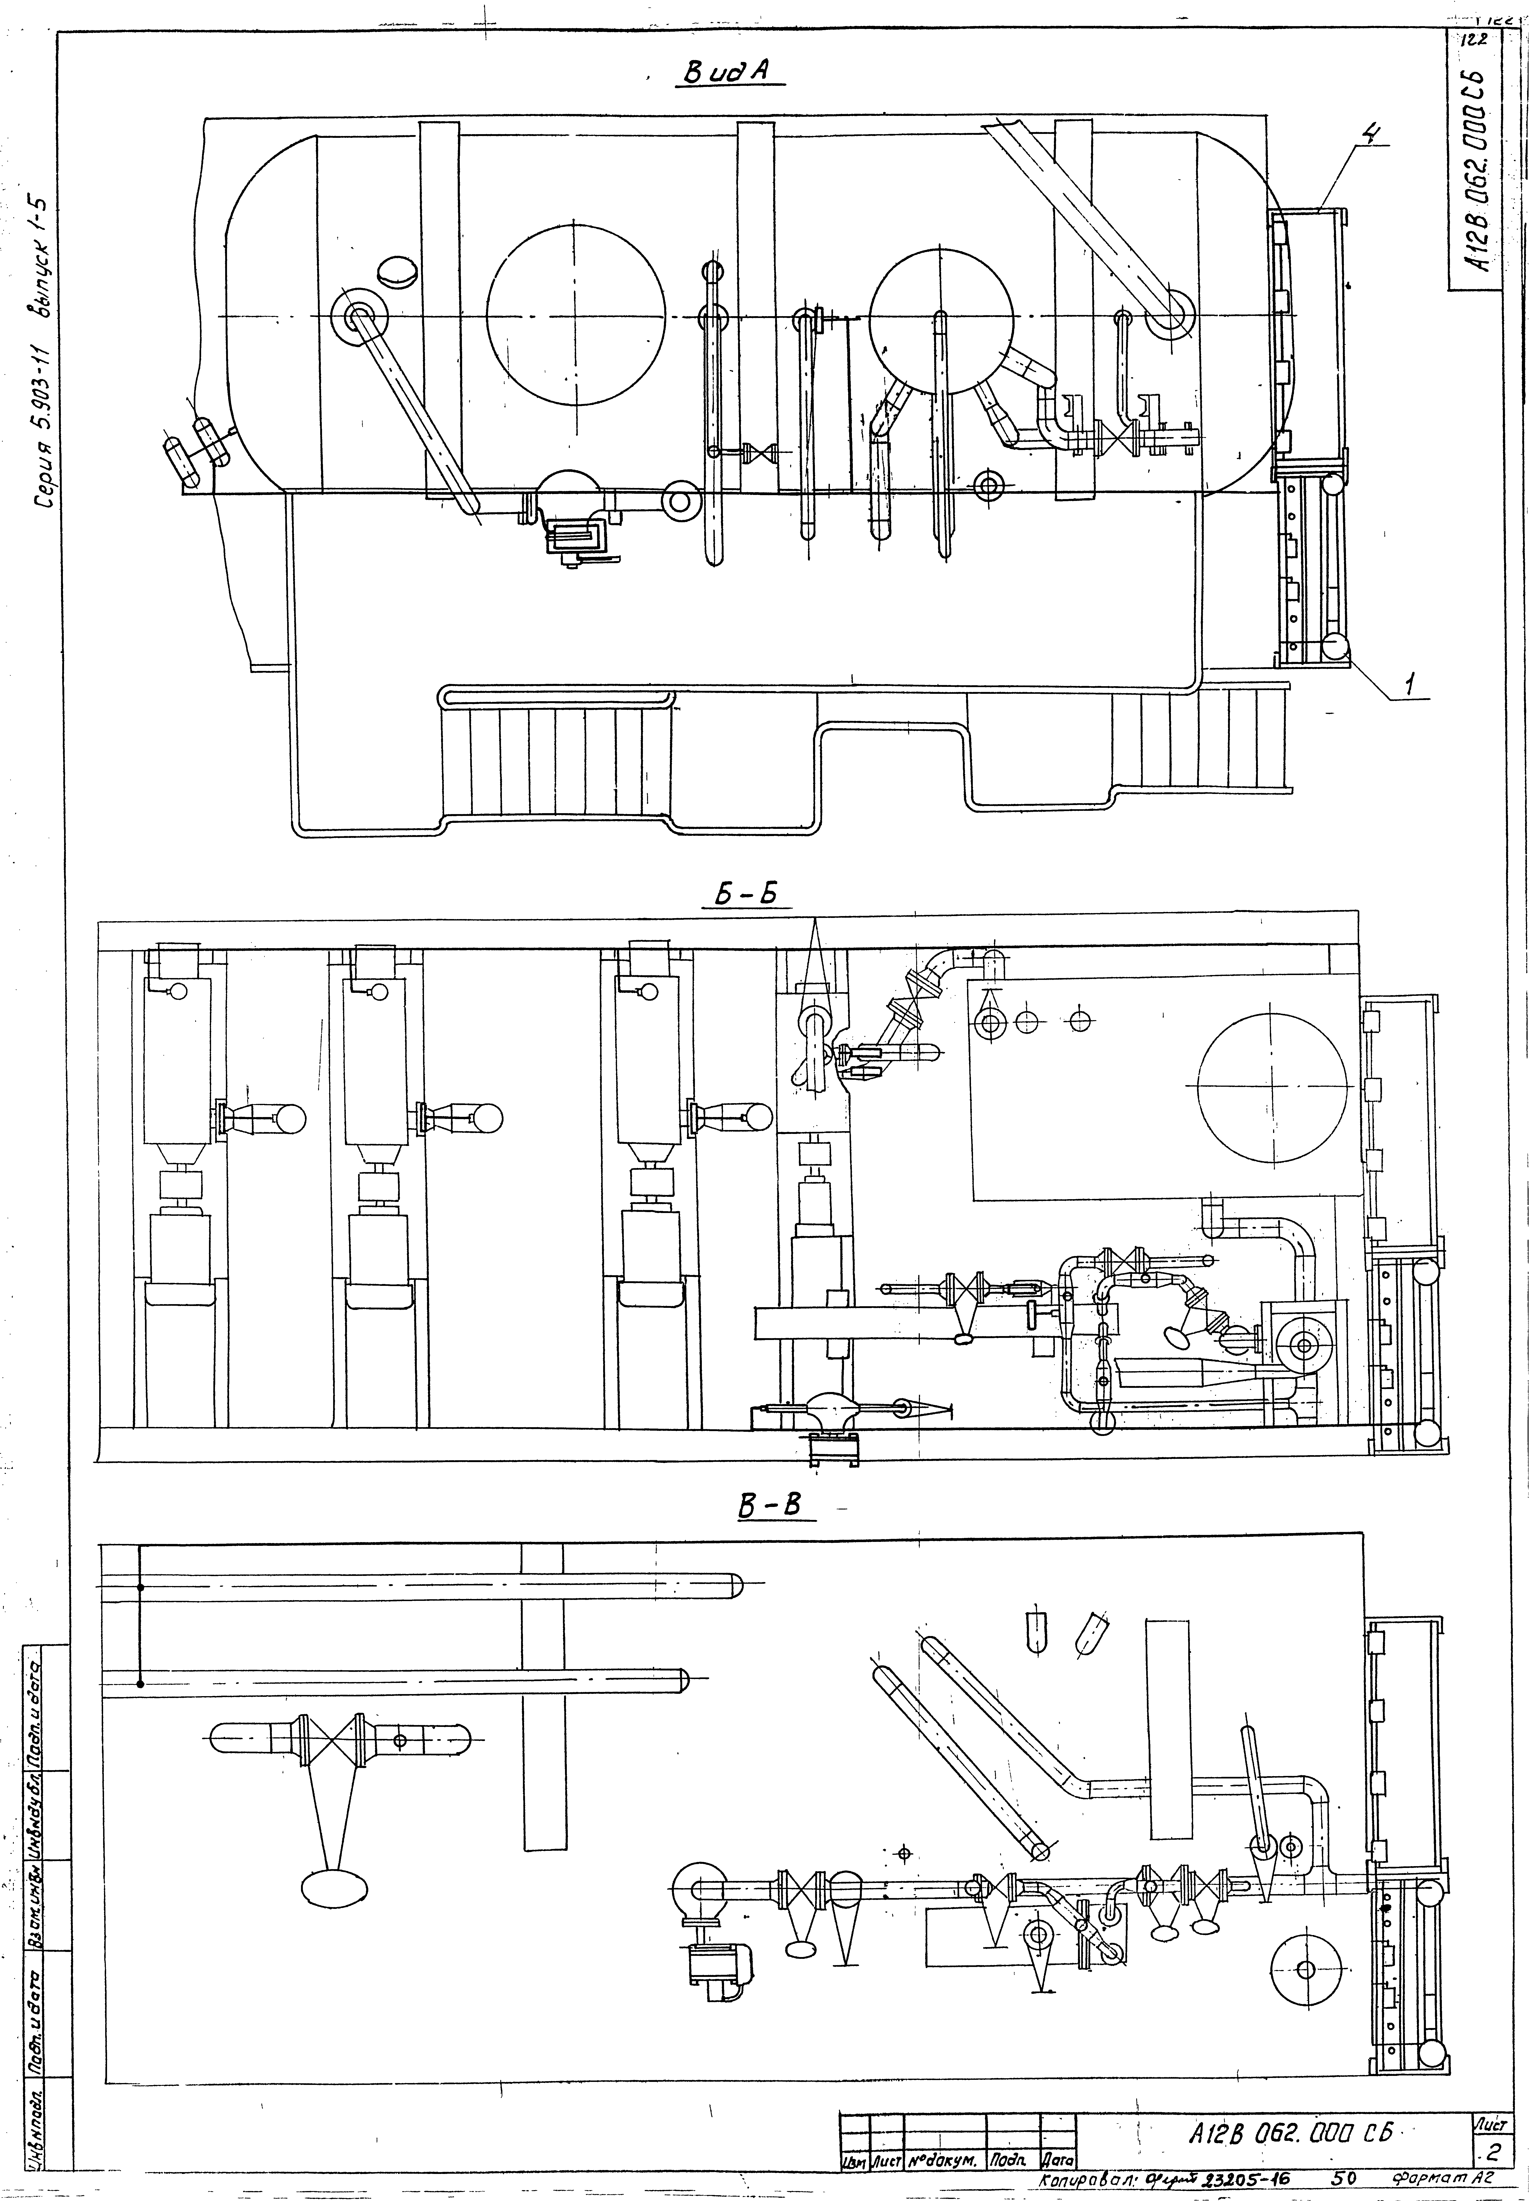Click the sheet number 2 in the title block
click(x=1492, y=2153)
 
